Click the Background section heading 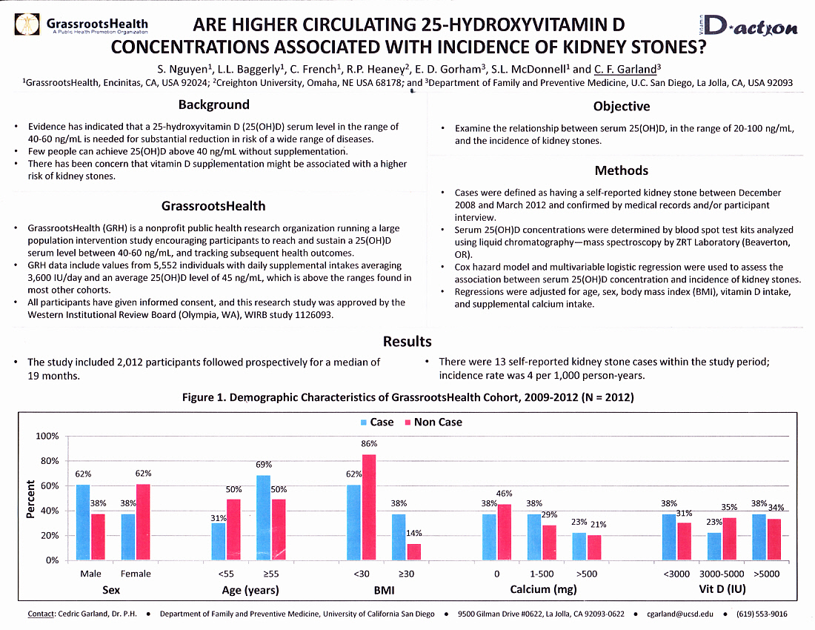pyautogui.click(x=213, y=105)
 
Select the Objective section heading pyautogui.click(x=622, y=106)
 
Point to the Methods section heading pyautogui.click(x=621, y=170)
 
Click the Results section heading pyautogui.click(x=407, y=341)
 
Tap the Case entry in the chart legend pyautogui.click(x=377, y=422)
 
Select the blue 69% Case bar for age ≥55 pyautogui.click(x=263, y=517)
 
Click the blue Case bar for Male pyautogui.click(x=83, y=522)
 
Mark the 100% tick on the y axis pyautogui.click(x=47, y=436)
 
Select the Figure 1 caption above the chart pyautogui.click(x=408, y=397)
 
